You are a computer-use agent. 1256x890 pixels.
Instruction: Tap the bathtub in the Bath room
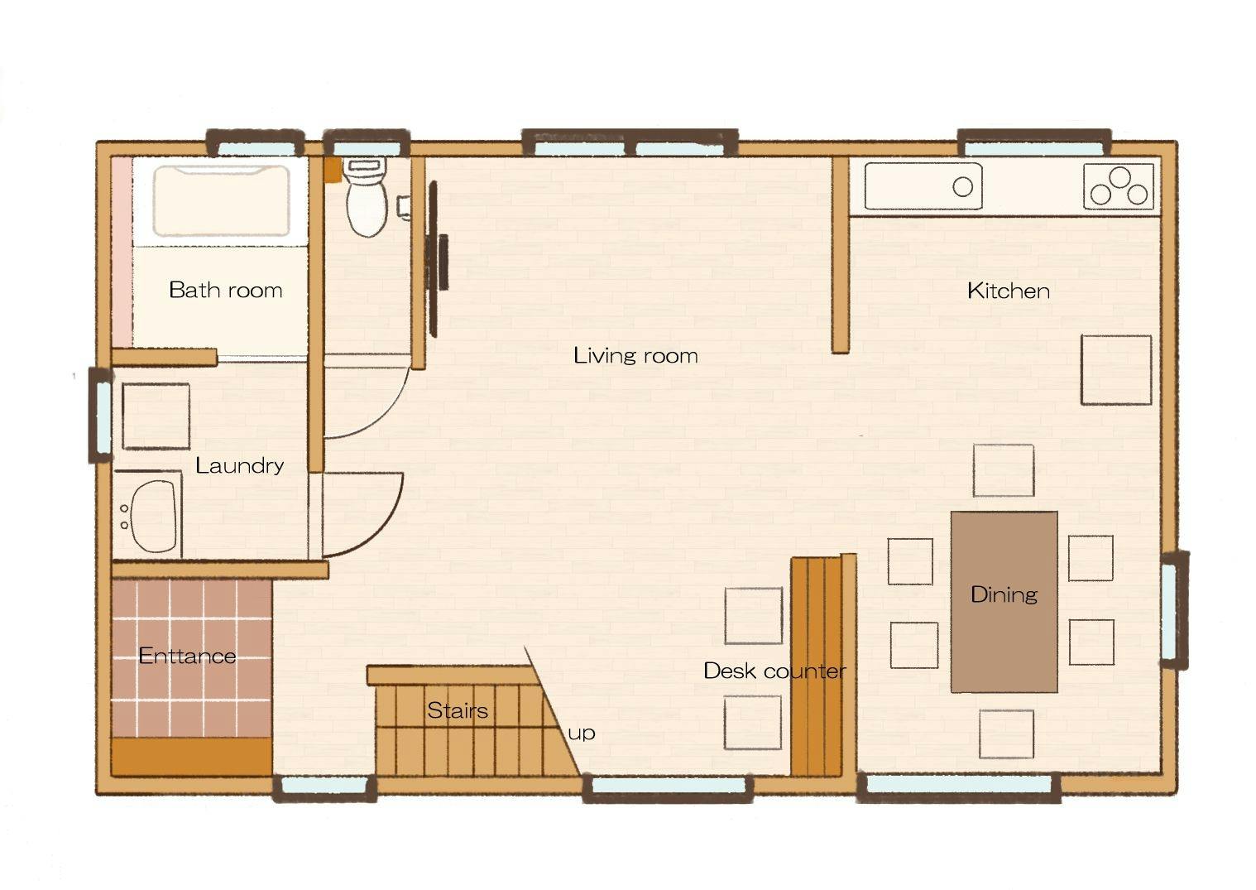click(x=222, y=201)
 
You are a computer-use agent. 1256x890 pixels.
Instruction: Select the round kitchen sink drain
click(x=963, y=187)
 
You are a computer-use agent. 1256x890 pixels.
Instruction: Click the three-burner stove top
click(x=1119, y=187)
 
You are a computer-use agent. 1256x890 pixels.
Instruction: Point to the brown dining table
click(x=1004, y=602)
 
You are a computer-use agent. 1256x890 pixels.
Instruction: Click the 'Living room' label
click(x=635, y=356)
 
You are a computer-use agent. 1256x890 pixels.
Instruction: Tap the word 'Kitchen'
click(x=1008, y=291)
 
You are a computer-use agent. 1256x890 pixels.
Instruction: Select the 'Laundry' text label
click(x=239, y=466)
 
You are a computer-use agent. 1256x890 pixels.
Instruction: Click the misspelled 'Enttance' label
click(x=187, y=656)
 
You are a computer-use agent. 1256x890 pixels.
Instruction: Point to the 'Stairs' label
click(x=458, y=710)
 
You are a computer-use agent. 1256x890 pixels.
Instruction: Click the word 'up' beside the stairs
click(x=582, y=734)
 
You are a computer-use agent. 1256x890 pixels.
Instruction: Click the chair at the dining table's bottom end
click(x=1006, y=734)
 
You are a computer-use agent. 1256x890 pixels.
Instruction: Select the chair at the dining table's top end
click(x=1004, y=470)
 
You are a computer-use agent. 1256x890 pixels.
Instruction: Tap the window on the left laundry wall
click(x=102, y=416)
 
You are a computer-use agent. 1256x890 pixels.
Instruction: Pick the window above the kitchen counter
click(x=1034, y=144)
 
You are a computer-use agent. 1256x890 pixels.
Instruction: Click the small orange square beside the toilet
click(x=333, y=170)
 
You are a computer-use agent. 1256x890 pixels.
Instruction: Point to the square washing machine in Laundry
click(x=156, y=416)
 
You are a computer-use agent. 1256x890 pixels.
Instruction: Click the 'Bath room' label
click(x=225, y=290)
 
